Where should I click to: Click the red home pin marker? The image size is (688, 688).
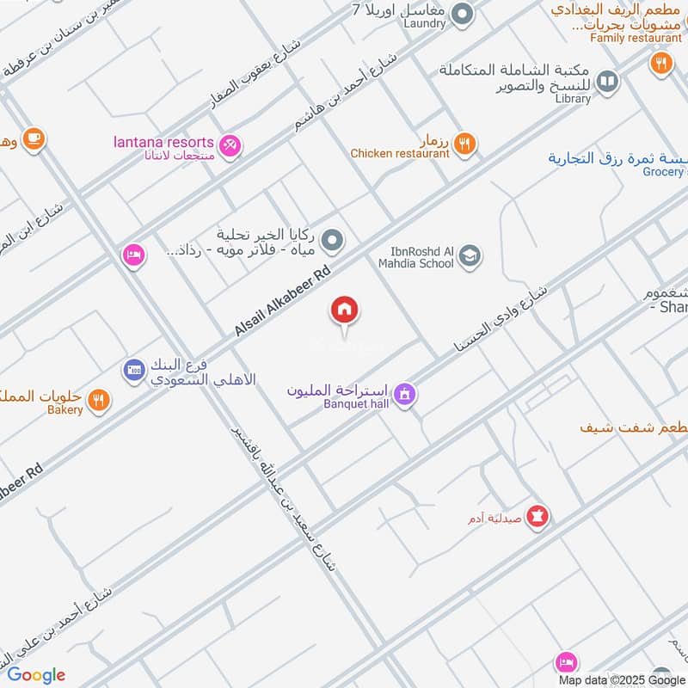coord(345,310)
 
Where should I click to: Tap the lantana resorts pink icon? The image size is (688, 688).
coord(230,146)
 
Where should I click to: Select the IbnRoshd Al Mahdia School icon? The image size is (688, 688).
coord(470,255)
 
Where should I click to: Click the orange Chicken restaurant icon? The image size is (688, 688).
coord(464,144)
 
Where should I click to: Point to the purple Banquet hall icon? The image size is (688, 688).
coord(406,395)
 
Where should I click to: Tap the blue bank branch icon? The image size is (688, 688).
coord(133,371)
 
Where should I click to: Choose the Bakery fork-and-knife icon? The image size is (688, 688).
coord(100,400)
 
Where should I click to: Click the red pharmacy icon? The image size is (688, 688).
coord(538,517)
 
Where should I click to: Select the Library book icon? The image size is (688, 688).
coord(607,82)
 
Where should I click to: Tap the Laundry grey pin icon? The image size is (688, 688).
coord(463,14)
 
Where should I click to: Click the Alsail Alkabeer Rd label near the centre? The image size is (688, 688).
coord(283,300)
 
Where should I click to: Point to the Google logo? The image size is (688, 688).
coord(36,675)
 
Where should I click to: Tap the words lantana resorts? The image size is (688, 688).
coord(163,142)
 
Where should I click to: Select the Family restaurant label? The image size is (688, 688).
coord(636,38)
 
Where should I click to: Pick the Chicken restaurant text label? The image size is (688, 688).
coord(400,153)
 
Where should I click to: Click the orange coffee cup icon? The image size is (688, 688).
coord(34,138)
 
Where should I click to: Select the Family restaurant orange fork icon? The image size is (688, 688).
coord(660,63)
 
